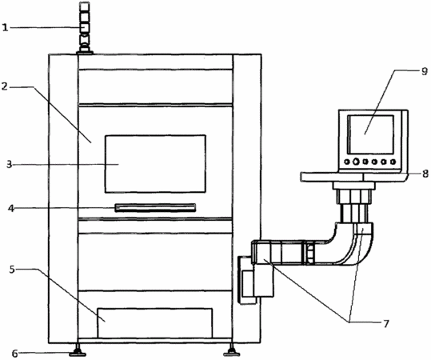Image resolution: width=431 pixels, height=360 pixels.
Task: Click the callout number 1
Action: pyautogui.click(x=6, y=27)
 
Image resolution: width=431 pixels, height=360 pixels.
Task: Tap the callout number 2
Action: pyautogui.click(x=5, y=87)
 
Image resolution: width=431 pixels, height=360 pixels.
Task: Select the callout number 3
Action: pyautogui.click(x=10, y=165)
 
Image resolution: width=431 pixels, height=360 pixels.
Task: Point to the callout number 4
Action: pyautogui.click(x=11, y=209)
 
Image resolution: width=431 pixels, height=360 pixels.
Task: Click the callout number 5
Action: pyautogui.click(x=12, y=270)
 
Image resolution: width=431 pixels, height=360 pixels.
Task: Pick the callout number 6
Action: pyautogui.click(x=15, y=354)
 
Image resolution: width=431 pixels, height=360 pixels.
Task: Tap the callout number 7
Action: pyautogui.click(x=386, y=324)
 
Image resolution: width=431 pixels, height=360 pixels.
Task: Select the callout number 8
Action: pyautogui.click(x=425, y=174)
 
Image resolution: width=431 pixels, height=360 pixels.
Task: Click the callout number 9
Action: pyautogui.click(x=425, y=71)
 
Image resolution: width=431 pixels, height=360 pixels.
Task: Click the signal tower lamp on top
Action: pyautogui.click(x=85, y=27)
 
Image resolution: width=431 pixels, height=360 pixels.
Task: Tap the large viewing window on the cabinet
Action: pyautogui.click(x=155, y=164)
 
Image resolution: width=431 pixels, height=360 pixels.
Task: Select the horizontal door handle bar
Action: pyautogui.click(x=155, y=208)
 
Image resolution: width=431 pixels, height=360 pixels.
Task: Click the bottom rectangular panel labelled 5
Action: pyautogui.click(x=155, y=323)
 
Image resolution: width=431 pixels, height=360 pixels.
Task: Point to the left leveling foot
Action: pyautogui.click(x=78, y=352)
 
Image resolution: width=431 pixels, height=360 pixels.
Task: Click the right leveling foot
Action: pyautogui.click(x=232, y=352)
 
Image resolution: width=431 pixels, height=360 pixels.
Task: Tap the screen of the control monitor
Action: pyautogui.click(x=371, y=134)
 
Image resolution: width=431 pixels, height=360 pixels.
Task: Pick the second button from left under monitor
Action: pyautogui.click(x=356, y=162)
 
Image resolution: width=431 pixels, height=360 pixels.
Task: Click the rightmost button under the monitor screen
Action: pyautogui.click(x=393, y=162)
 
